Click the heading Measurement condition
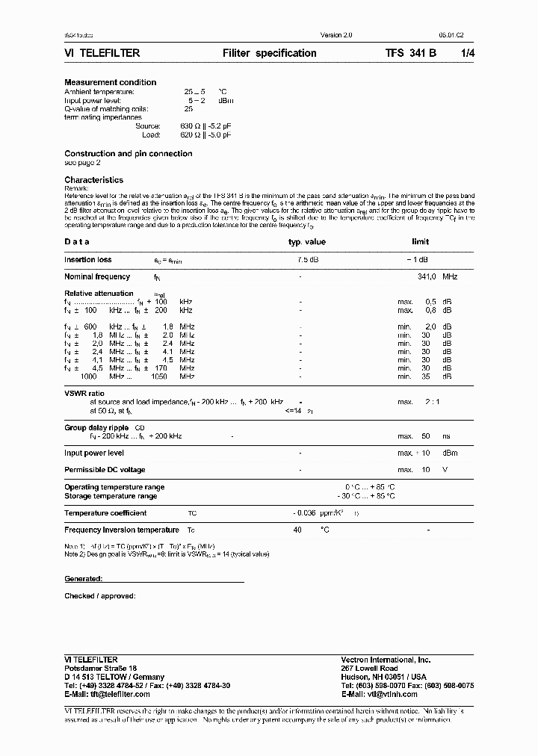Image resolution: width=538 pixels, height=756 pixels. [x=111, y=82]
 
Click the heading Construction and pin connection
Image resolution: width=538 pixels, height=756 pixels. [x=128, y=154]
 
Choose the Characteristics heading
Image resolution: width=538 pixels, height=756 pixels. [x=93, y=180]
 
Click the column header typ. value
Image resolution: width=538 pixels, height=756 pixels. [x=307, y=242]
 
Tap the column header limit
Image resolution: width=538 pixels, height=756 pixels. [x=421, y=242]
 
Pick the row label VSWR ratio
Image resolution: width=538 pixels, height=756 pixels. [x=84, y=394]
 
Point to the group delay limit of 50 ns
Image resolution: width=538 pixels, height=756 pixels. [x=427, y=436]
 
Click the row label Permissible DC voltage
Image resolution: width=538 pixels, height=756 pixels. [x=105, y=470]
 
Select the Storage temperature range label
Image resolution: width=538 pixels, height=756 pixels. [x=111, y=496]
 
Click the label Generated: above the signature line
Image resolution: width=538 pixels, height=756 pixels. [x=83, y=579]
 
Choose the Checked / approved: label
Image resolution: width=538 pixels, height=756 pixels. [x=99, y=596]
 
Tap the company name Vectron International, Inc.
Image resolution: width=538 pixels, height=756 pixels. [x=386, y=660]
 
